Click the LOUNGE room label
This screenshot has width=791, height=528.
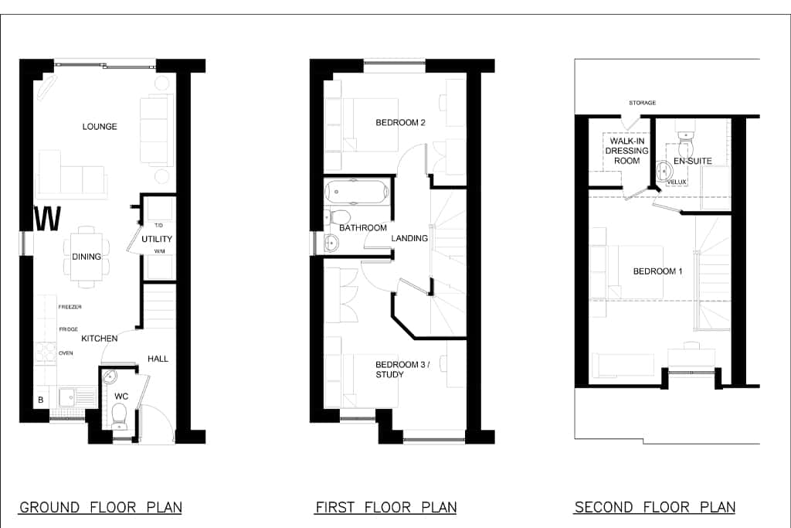pyautogui.click(x=100, y=126)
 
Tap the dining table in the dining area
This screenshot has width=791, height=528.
pyautogui.click(x=87, y=257)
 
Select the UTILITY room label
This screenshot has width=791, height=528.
pyautogui.click(x=156, y=239)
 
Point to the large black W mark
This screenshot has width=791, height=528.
pyautogui.click(x=47, y=219)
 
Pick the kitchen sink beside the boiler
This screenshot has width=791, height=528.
pyautogui.click(x=76, y=397)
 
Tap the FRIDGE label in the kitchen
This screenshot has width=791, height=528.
pyautogui.click(x=69, y=329)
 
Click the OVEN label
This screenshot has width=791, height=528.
pyautogui.click(x=66, y=353)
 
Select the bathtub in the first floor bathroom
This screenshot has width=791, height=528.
pyautogui.click(x=357, y=192)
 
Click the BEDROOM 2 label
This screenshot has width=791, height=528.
pyautogui.click(x=401, y=122)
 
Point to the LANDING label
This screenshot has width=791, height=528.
pyautogui.click(x=409, y=238)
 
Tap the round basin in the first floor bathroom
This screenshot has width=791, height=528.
pyautogui.click(x=331, y=244)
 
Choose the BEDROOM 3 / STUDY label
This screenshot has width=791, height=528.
pyautogui.click(x=402, y=370)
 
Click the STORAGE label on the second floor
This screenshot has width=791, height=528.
pyautogui.click(x=642, y=103)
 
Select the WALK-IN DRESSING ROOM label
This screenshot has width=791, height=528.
pyautogui.click(x=626, y=151)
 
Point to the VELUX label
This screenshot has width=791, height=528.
pyautogui.click(x=677, y=182)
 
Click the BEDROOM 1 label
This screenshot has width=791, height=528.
pyautogui.click(x=658, y=271)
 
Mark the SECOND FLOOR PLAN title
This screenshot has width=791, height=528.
pyautogui.click(x=655, y=507)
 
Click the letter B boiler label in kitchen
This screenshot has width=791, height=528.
pyautogui.click(x=41, y=400)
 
